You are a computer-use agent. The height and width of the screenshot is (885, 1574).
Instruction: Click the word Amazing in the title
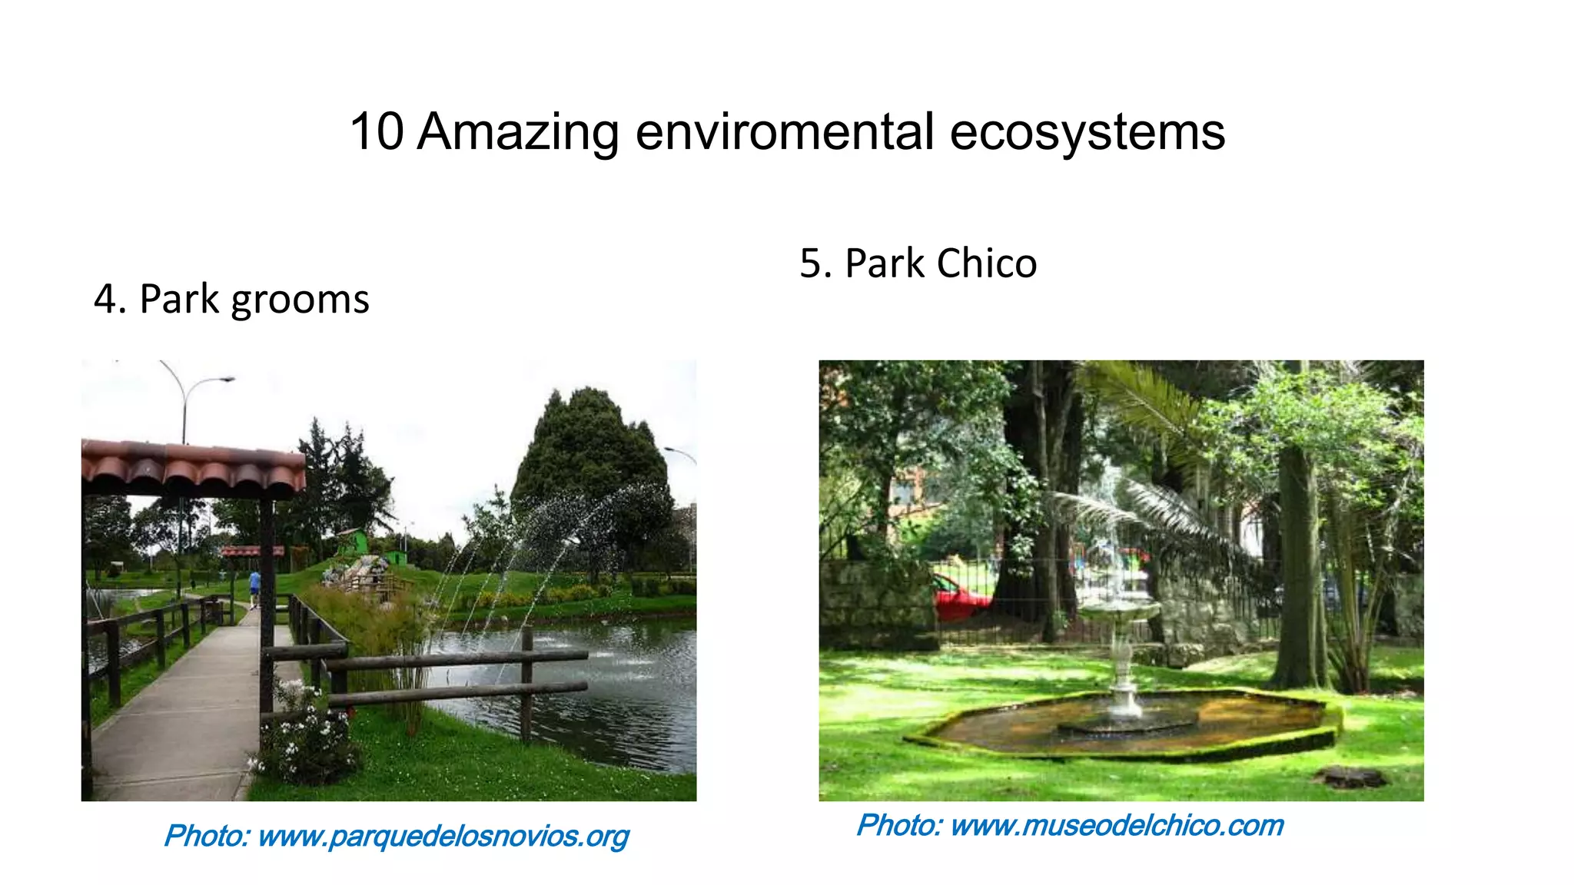tap(518, 132)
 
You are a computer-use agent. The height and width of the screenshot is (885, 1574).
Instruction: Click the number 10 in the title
tap(377, 132)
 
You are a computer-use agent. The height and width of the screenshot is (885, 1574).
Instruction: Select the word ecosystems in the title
tap(1087, 132)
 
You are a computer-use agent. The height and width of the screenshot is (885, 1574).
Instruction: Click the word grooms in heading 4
tap(300, 300)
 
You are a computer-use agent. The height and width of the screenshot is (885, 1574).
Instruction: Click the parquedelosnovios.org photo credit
tap(397, 836)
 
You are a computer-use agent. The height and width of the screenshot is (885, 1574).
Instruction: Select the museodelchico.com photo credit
tap(1070, 826)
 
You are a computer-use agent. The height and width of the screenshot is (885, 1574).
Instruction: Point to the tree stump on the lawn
tap(1351, 777)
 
